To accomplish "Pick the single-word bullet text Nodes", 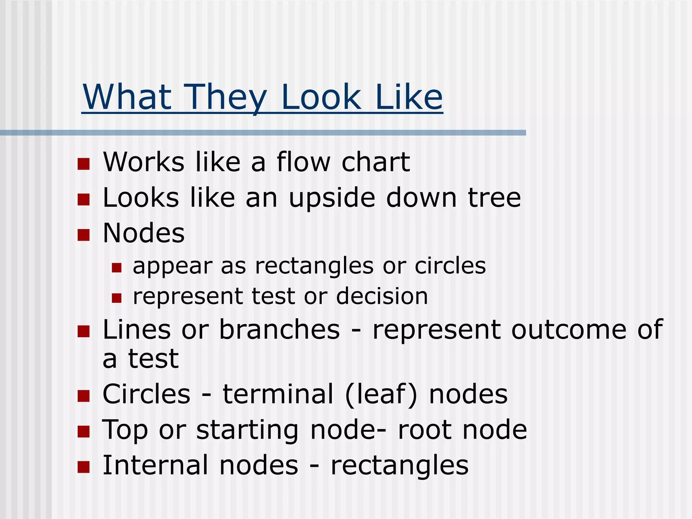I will pyautogui.click(x=144, y=233).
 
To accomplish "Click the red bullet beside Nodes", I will pyautogui.click(x=83, y=235).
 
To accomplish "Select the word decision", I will pyautogui.click(x=382, y=296).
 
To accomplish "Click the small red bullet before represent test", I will pyautogui.click(x=117, y=298).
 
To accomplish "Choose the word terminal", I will pyautogui.click(x=278, y=394).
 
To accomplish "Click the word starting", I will pyautogui.click(x=247, y=430).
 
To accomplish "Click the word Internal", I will pyautogui.click(x=155, y=465).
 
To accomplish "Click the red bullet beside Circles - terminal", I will pyautogui.click(x=83, y=396).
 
